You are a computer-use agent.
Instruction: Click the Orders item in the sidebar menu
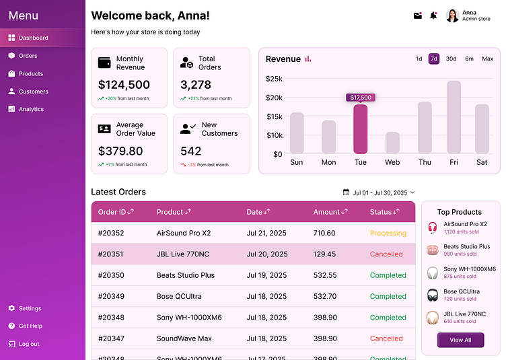click(x=28, y=56)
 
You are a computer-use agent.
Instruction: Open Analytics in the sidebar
click(x=30, y=109)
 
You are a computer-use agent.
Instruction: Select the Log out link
click(x=28, y=344)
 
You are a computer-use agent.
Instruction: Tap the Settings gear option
click(x=30, y=308)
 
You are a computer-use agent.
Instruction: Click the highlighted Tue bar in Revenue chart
click(x=361, y=129)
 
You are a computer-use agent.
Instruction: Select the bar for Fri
click(x=454, y=117)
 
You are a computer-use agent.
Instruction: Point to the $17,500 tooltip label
click(x=361, y=98)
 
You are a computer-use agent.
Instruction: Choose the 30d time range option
click(x=451, y=59)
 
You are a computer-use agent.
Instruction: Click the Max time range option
click(x=487, y=59)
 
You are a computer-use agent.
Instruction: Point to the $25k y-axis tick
click(x=274, y=79)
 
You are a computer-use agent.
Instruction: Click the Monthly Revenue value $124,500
click(x=124, y=85)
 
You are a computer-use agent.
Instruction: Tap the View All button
click(x=460, y=340)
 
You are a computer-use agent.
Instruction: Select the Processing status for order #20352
click(x=388, y=233)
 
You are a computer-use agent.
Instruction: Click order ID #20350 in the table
click(x=111, y=275)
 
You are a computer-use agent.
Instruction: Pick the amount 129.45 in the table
click(x=324, y=254)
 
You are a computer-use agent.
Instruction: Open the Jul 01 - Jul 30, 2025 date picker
click(x=379, y=192)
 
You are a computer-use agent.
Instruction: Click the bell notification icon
click(x=433, y=15)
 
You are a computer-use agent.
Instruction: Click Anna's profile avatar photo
click(x=452, y=15)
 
